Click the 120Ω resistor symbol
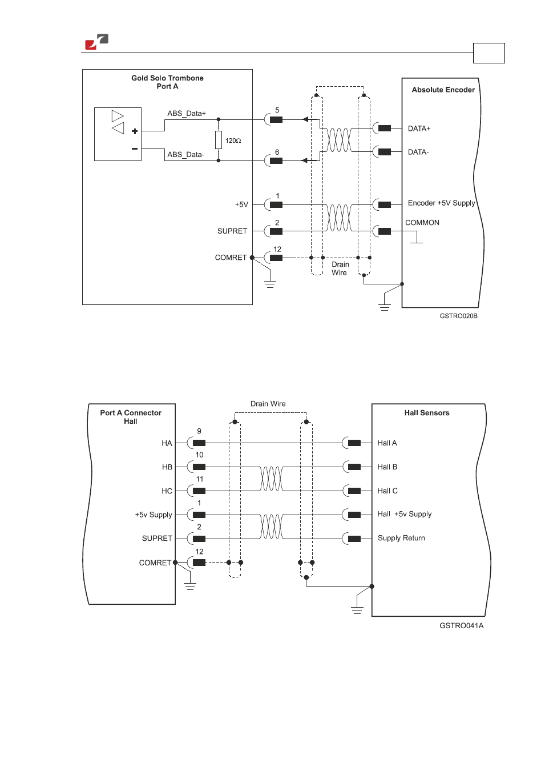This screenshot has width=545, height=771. (219, 140)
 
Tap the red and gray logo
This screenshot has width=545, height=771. (97, 42)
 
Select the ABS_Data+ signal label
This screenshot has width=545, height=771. (187, 113)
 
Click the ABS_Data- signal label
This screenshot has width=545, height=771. (185, 155)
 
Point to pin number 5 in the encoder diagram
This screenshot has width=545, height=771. (277, 110)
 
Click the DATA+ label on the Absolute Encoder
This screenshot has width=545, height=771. (419, 128)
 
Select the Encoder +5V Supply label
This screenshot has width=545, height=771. (441, 203)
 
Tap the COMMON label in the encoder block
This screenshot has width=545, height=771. (422, 223)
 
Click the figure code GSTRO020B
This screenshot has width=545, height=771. (458, 316)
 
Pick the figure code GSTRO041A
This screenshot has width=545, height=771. (462, 626)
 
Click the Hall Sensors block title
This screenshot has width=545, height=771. (427, 413)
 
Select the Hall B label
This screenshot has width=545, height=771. (387, 467)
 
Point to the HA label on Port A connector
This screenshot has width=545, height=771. (167, 443)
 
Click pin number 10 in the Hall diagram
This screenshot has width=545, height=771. (199, 455)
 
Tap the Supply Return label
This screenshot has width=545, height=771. (401, 538)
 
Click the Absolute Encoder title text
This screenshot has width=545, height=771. (443, 90)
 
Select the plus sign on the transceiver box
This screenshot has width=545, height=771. (135, 131)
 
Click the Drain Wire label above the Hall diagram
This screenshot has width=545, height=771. (268, 403)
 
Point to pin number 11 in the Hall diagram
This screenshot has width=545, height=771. (199, 479)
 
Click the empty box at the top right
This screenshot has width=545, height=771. (489, 53)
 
